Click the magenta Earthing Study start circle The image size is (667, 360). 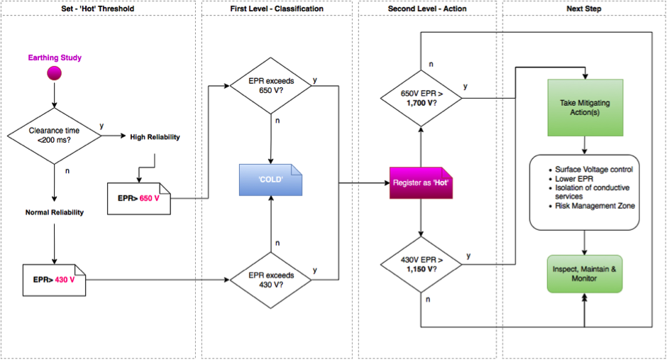(54, 73)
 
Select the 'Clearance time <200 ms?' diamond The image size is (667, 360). (54, 136)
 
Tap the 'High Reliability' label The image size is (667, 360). (155, 137)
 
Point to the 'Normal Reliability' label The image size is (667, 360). (55, 212)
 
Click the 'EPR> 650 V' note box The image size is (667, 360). (138, 199)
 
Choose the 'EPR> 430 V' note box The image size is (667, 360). (54, 280)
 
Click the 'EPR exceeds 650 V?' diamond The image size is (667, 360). (270, 85)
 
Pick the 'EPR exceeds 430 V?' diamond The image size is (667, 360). (270, 280)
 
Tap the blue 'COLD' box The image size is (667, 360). (270, 180)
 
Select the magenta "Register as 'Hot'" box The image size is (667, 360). (421, 183)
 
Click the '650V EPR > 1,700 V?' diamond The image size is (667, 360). (421, 98)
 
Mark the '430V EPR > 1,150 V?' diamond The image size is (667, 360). (421, 264)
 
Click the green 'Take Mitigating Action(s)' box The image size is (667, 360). (585, 108)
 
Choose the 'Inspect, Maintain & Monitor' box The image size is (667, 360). (585, 273)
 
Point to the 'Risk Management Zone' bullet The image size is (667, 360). (595, 206)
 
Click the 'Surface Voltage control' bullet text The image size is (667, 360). (594, 170)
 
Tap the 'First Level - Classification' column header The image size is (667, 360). (277, 9)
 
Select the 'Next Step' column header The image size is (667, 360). (583, 9)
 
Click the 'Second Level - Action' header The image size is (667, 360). (427, 9)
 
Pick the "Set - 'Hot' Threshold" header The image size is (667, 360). (98, 9)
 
